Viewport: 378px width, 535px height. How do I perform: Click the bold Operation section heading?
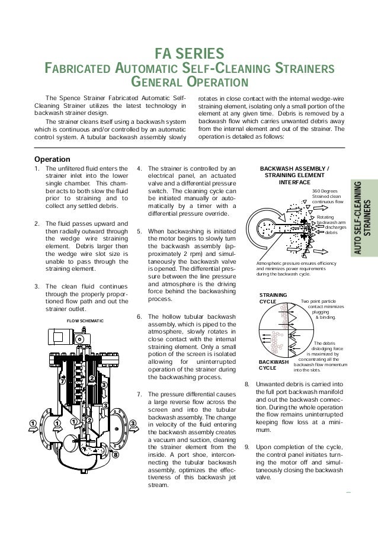tap(52, 159)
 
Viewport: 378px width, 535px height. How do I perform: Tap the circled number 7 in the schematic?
tap(62, 381)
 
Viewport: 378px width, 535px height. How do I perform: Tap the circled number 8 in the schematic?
tap(116, 455)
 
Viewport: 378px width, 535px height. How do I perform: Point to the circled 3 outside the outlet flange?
tap(133, 423)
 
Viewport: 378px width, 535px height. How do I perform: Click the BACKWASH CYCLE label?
tap(274, 364)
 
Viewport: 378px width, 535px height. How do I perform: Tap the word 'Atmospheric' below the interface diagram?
tap(271, 262)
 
